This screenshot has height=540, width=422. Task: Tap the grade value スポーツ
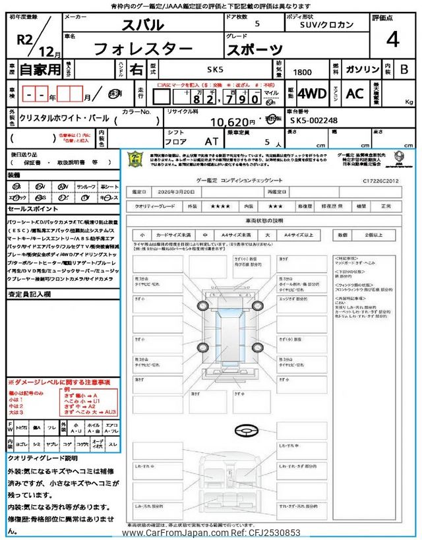coord(256,49)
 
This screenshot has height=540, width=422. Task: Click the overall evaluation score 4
coord(393,40)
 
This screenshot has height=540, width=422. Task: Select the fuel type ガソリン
coord(362,69)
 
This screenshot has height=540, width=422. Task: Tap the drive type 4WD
coord(312,94)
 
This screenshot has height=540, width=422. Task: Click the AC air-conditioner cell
coord(354,94)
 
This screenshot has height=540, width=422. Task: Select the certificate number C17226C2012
coord(380,179)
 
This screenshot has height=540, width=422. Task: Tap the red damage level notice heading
coord(59,382)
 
